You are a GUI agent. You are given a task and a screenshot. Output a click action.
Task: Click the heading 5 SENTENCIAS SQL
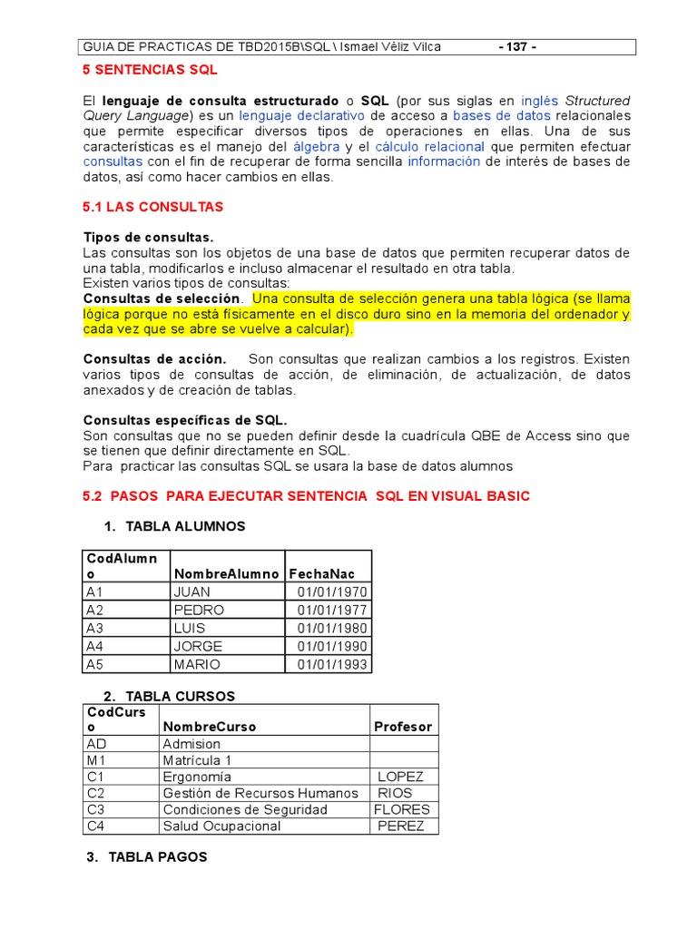pos(150,70)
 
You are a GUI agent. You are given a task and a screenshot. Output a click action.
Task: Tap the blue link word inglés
pos(540,101)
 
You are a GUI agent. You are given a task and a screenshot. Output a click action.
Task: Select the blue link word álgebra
pos(317,146)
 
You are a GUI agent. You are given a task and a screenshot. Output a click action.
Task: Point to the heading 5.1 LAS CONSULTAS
pos(152,207)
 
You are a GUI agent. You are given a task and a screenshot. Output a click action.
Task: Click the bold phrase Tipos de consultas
pos(148,237)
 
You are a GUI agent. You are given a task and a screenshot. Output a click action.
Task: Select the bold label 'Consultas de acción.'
pos(154,359)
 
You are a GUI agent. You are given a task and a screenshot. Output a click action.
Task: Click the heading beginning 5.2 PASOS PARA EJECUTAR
pos(306,496)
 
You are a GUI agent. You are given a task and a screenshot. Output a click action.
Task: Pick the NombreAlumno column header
pos(226,573)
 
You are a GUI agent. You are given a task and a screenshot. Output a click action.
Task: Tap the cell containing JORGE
pos(198,646)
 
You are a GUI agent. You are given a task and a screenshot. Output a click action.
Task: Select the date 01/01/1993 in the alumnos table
pos(331,664)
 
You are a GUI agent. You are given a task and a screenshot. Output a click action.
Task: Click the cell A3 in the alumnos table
pos(95,628)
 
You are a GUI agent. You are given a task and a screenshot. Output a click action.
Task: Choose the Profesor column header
pos(403,727)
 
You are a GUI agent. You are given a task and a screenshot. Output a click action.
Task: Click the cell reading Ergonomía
pos(196,777)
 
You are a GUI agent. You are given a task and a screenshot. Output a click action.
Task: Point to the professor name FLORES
pos(401,809)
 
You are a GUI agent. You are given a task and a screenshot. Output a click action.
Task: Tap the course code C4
pos(96,826)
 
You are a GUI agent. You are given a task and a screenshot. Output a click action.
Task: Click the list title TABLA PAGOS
pos(158,856)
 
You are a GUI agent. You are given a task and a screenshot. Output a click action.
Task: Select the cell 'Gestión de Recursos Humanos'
pos(260,793)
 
